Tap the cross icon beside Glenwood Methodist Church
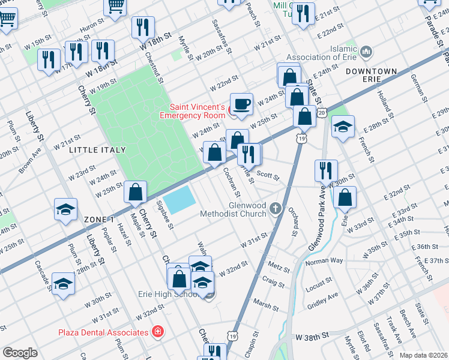276,208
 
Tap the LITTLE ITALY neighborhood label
97,149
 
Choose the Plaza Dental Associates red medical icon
158,332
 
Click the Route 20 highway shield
322,113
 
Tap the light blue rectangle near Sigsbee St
179,200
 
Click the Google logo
20,352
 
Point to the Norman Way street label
324,261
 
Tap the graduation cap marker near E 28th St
343,127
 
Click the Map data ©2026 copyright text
422,355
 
